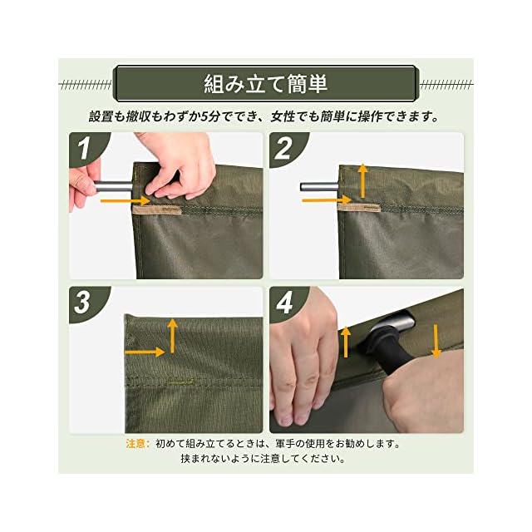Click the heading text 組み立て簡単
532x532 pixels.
coord(266,84)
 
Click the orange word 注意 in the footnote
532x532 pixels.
coord(135,444)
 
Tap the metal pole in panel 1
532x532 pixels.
coord(113,186)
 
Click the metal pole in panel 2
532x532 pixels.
coord(319,187)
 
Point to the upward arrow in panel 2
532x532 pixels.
coord(363,181)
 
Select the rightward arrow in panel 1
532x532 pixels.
coord(126,201)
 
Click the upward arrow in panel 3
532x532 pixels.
coord(173,336)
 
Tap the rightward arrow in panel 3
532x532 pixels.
coord(145,352)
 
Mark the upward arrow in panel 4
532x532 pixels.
coord(346,342)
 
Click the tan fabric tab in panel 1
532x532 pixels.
coord(156,209)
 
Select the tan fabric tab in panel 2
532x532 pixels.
coord(359,208)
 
